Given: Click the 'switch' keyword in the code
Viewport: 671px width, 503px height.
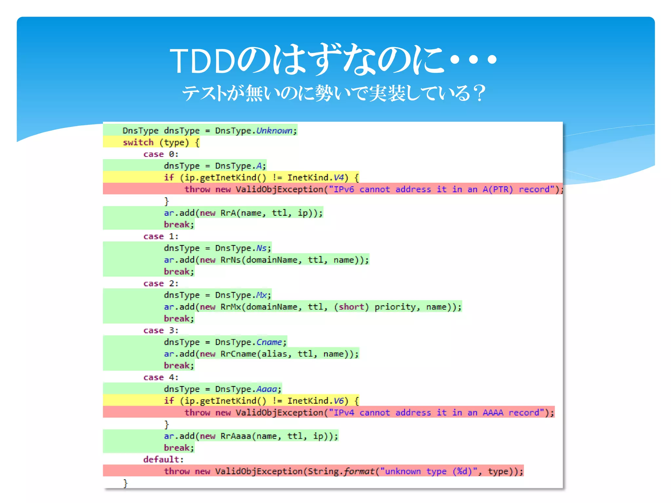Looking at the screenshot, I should (138, 142).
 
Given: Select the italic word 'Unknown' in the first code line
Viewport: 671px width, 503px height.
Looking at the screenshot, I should (274, 131).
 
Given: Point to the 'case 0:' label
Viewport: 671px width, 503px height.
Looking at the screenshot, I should (161, 154).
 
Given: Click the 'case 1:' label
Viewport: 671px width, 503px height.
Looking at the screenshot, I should (161, 236).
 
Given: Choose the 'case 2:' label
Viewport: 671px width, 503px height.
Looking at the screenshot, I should (161, 284).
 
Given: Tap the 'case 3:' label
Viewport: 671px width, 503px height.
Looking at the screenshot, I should (161, 330).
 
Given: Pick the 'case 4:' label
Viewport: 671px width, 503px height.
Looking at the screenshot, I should (161, 378).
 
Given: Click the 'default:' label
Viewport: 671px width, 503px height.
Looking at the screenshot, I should (163, 459).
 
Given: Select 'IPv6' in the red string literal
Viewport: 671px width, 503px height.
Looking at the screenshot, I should (344, 189).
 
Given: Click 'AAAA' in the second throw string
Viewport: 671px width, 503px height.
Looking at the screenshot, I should (493, 413).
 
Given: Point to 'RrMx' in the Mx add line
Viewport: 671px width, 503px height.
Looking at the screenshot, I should (231, 307).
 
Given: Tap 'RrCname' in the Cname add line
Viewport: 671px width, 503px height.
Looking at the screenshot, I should (238, 354).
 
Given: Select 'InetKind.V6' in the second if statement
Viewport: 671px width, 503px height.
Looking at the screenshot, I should (316, 401).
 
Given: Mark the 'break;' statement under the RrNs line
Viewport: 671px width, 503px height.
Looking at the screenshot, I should (179, 272).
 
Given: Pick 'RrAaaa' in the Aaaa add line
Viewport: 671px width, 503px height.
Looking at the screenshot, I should (236, 436).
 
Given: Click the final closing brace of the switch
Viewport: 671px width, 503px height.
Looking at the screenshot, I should (125, 483).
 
